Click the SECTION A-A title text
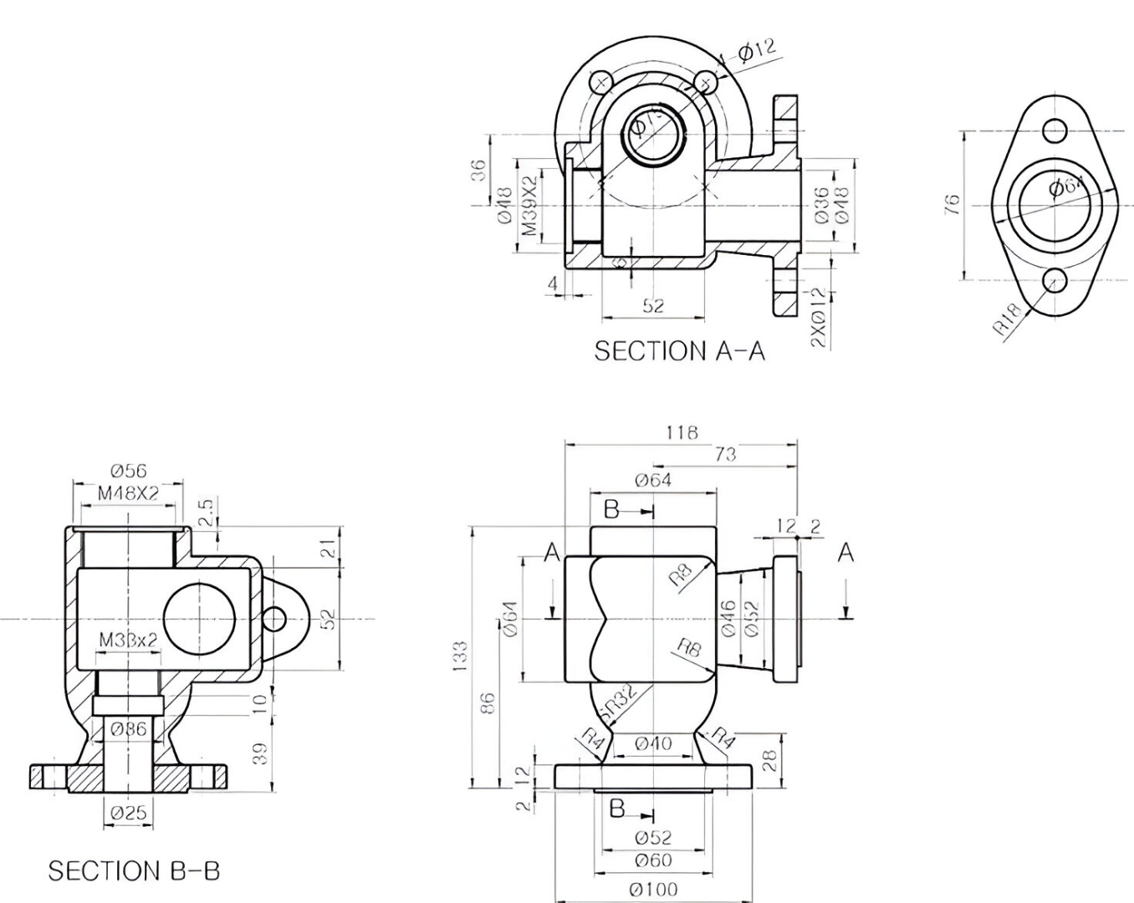[x=679, y=351]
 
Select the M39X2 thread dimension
[x=529, y=206]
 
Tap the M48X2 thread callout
[x=128, y=493]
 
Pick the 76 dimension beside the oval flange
[x=952, y=205]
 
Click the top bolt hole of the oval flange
[x=1055, y=130]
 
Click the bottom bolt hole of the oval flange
[x=1055, y=279]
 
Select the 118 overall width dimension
[x=682, y=432]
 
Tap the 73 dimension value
[x=725, y=454]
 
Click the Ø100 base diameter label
[x=653, y=889]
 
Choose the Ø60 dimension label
[x=653, y=860]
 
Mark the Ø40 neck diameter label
[x=653, y=742]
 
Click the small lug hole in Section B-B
[x=273, y=619]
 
